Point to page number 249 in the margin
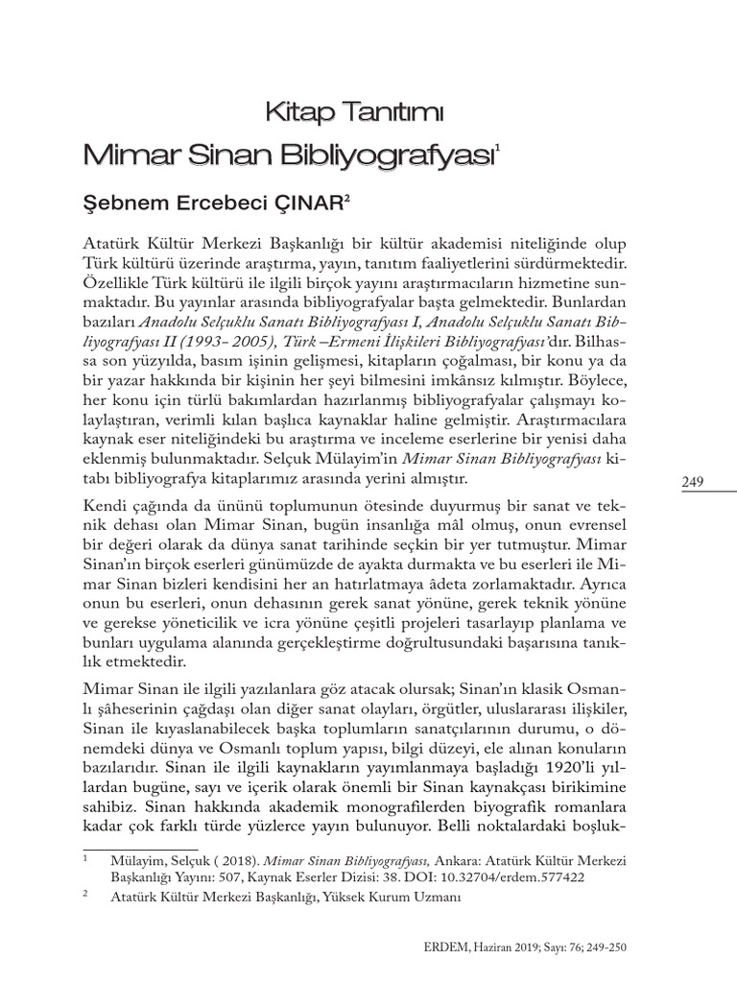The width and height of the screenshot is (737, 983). (694, 483)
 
